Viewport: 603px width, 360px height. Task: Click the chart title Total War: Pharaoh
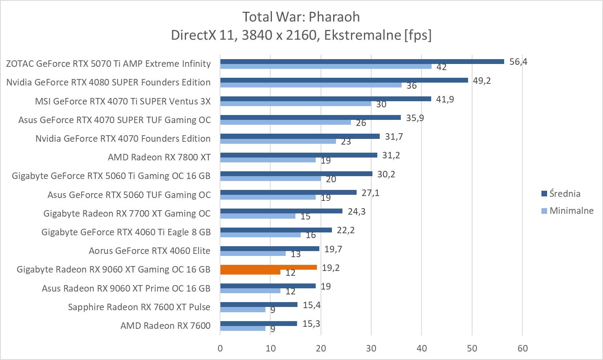coord(301,17)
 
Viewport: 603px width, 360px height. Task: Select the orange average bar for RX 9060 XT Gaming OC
coord(268,267)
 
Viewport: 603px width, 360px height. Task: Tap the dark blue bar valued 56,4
coord(362,62)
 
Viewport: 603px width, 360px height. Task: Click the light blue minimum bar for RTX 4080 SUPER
coord(311,85)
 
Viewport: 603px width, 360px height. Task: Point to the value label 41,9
coord(445,99)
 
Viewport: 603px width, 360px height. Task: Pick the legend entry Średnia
coord(565,194)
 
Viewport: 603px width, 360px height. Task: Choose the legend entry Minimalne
coord(571,211)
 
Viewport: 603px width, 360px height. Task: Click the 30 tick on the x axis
coord(371,348)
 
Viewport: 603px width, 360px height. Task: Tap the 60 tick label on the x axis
coord(522,348)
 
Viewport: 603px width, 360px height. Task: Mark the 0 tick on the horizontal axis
coord(220,348)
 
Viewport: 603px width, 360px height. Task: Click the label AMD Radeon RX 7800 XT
coord(159,157)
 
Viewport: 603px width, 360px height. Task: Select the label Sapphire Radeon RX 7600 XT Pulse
coord(139,307)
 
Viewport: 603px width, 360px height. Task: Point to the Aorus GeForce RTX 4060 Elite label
coord(150,251)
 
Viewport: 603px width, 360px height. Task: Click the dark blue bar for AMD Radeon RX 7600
coord(259,324)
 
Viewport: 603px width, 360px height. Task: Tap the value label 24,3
coord(357,211)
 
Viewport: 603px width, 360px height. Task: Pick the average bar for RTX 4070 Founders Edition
coord(300,136)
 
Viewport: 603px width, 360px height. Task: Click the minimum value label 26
coord(361,123)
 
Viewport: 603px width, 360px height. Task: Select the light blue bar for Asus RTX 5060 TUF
coord(268,197)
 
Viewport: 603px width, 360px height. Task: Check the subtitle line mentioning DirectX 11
coord(301,35)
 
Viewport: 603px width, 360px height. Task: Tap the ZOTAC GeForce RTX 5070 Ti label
coord(108,64)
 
